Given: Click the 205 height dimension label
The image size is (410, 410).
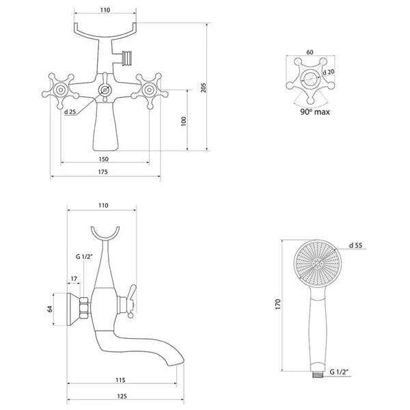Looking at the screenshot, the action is [204, 87].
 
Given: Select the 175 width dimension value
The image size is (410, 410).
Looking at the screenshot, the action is [102, 172].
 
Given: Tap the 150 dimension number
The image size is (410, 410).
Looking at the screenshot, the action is [104, 159].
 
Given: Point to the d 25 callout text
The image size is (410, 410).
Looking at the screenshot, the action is [70, 112].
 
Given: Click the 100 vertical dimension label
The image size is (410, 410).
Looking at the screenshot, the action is [184, 122].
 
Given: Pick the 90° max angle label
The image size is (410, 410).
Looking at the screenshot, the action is [315, 112].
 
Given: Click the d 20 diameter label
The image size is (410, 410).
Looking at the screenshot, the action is [329, 72].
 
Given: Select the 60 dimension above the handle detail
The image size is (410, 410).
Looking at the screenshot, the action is [310, 52].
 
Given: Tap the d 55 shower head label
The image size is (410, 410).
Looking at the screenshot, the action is [355, 245].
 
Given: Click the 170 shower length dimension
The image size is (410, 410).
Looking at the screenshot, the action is [277, 305].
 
